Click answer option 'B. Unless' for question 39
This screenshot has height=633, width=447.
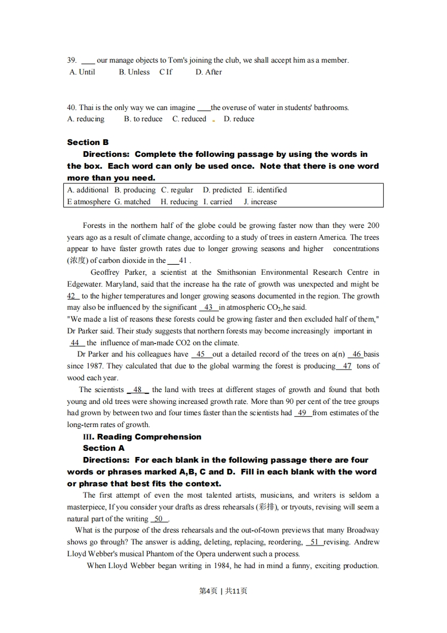pos(134,72)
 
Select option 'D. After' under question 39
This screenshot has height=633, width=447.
pos(209,72)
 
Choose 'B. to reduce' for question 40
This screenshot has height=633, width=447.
pos(143,119)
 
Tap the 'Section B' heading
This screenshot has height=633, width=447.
pos(87,142)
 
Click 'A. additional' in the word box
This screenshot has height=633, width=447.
pos(88,190)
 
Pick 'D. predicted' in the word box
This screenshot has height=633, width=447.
pos(222,190)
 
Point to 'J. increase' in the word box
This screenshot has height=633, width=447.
pos(260,202)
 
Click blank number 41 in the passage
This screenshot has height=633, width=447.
pos(182,261)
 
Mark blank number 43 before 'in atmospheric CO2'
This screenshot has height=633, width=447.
pos(208,307)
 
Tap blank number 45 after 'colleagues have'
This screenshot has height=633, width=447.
pos(201,354)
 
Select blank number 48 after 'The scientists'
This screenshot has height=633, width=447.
pos(138,390)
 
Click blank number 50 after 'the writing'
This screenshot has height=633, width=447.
pos(159,519)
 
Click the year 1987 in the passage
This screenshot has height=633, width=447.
pos(91,366)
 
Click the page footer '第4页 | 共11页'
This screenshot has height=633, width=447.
pos(224,591)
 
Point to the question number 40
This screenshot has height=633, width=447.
pos(72,108)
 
